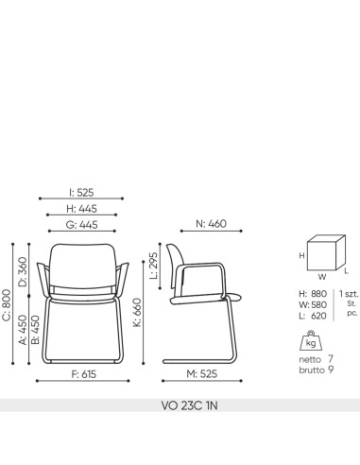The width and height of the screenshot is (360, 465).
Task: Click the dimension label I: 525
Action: click(x=84, y=191)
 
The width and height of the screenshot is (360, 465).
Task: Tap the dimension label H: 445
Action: click(x=84, y=207)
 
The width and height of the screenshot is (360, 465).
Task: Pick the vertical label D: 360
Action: click(x=23, y=271)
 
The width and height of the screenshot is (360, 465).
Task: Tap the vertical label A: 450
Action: click(x=23, y=332)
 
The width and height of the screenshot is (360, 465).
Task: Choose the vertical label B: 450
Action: click(x=34, y=332)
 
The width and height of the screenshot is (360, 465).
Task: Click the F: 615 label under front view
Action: click(x=84, y=373)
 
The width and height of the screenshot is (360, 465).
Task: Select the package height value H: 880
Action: click(x=315, y=293)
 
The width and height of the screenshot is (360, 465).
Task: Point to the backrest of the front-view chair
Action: click(x=84, y=262)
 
